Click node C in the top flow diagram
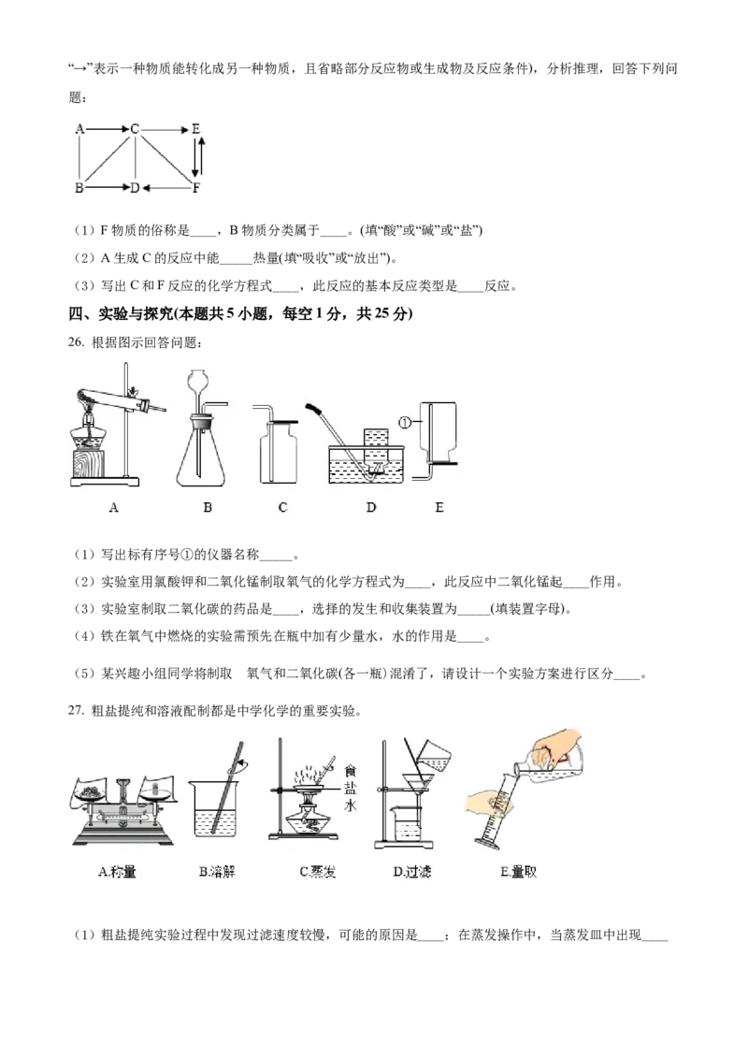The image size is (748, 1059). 136,130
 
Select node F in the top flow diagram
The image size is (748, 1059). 195,188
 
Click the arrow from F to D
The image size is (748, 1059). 166,188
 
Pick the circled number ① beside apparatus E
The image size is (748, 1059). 406,421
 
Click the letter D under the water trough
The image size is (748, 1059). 371,507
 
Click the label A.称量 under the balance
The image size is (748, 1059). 117,872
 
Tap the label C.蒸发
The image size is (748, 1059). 317,872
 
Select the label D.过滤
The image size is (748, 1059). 412,872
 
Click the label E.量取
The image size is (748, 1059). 519,872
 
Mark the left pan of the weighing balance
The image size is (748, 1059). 93,794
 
